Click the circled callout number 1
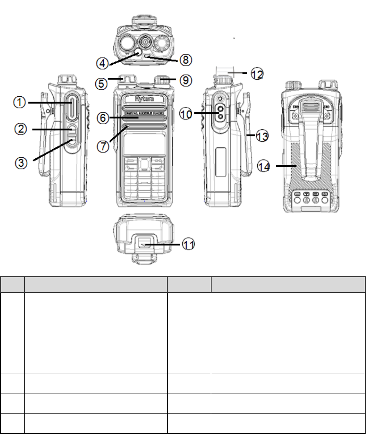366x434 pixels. (x=19, y=103)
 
